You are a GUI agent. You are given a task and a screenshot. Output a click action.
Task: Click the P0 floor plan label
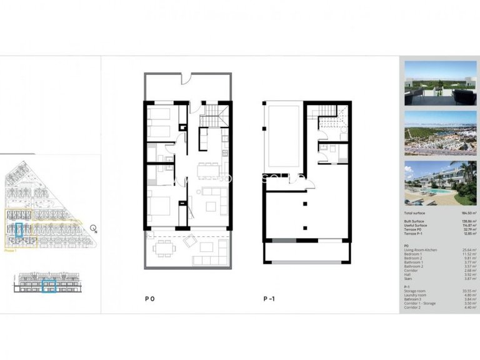[149, 299]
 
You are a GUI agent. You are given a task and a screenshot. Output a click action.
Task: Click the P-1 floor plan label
[269, 299]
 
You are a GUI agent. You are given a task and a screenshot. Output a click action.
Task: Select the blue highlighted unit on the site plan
[19, 231]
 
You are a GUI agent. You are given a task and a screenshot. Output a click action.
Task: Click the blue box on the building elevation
[49, 286]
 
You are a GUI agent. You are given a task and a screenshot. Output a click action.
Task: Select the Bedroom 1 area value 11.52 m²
[469, 254]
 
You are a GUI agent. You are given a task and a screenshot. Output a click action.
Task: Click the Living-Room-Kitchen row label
[421, 250]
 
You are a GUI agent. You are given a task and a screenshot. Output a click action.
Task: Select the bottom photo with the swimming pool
[440, 183]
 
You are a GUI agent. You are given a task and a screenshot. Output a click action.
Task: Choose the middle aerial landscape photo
[440, 132]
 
